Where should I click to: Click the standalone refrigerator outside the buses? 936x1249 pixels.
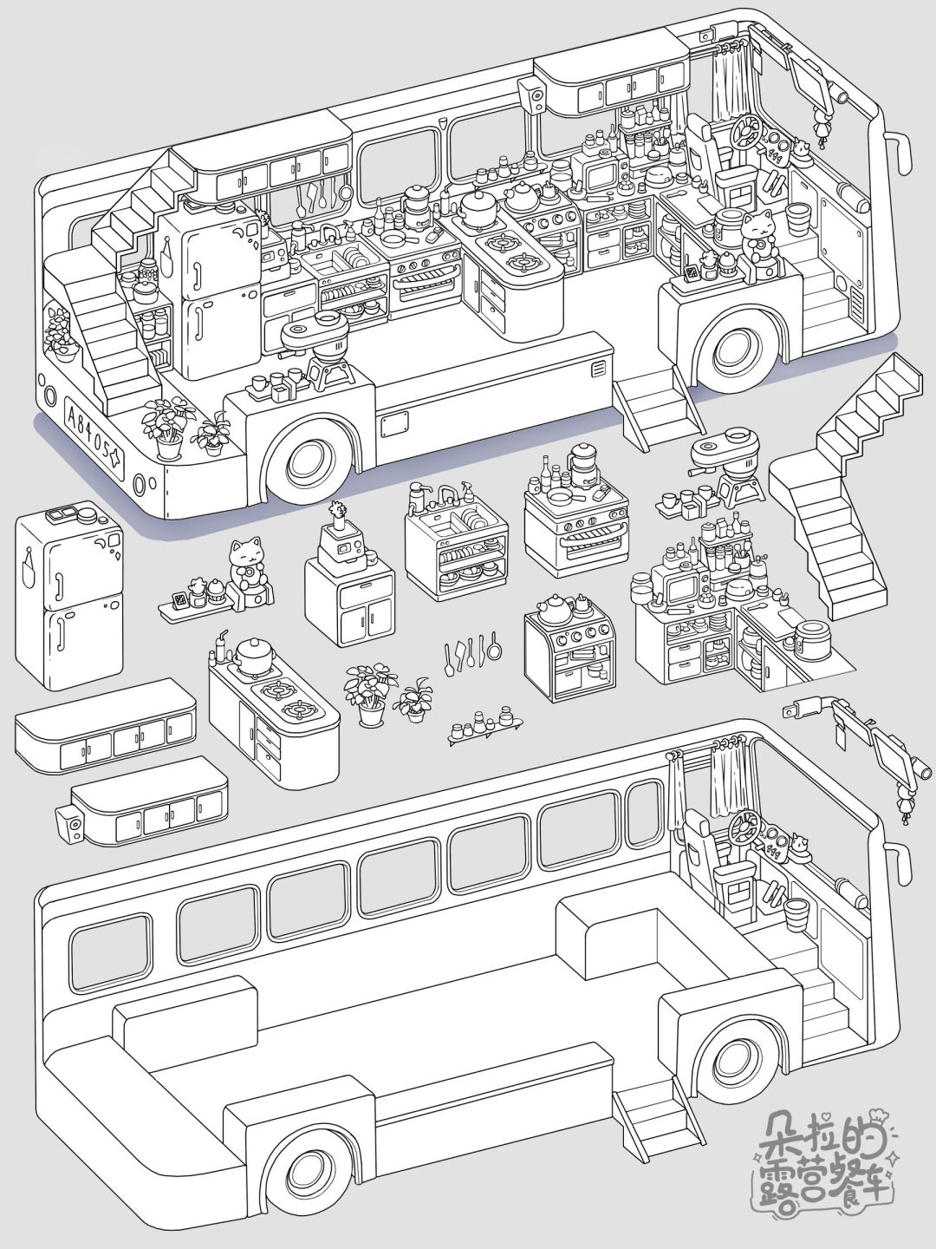(x=69, y=594)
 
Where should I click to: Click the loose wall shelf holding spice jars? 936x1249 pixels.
(x=485, y=724)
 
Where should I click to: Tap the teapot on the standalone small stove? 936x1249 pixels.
(x=551, y=609)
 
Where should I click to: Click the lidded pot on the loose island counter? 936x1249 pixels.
(x=251, y=654)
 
